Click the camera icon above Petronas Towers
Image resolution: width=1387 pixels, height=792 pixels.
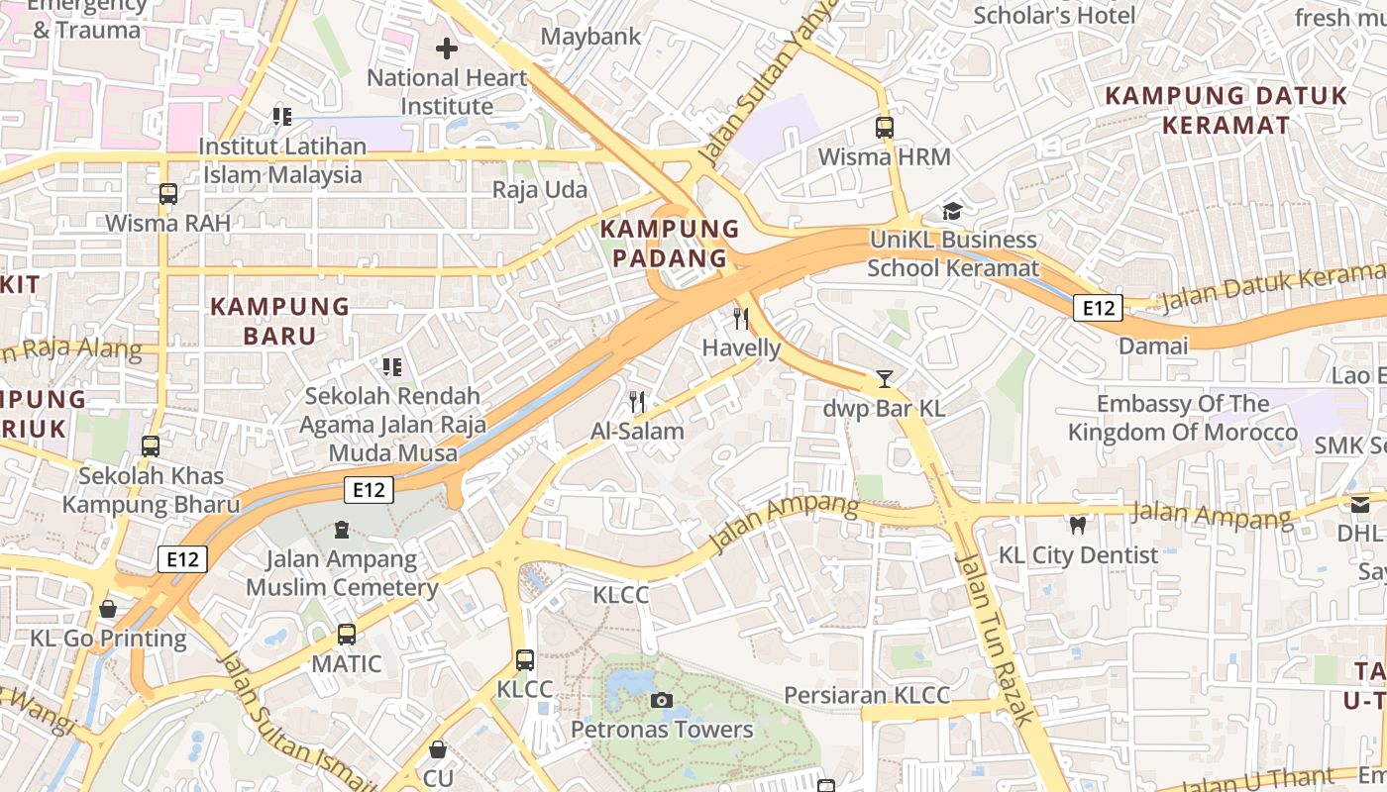coord(662,701)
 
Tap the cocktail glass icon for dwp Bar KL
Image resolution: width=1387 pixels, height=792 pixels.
coord(884,379)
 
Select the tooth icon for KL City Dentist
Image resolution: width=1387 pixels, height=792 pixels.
coord(1077,525)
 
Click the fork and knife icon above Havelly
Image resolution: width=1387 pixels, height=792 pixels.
coord(740,318)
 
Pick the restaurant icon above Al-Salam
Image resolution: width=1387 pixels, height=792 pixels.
coord(637,402)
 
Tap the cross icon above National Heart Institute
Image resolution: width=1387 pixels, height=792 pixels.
coord(447,48)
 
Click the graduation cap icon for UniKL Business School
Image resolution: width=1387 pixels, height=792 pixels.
coord(952,211)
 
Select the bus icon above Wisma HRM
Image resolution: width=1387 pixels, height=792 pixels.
coord(884,128)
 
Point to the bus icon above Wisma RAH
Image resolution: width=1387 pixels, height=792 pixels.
coord(168,194)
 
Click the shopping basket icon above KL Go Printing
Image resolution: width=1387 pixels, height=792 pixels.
coord(108,609)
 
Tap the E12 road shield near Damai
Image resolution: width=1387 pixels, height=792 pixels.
coord(1098,308)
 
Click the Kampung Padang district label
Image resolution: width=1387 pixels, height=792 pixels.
coord(671,244)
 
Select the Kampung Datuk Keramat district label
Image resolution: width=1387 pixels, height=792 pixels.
coord(1226,110)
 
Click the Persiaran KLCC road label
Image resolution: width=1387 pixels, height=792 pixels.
coord(867,695)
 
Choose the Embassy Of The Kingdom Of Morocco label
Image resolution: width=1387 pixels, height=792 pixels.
coord(1182,418)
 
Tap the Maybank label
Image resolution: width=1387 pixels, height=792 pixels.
coord(591,37)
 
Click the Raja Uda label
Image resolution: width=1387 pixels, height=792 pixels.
coord(540,189)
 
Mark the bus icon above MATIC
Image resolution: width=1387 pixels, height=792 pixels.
coord(346,635)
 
